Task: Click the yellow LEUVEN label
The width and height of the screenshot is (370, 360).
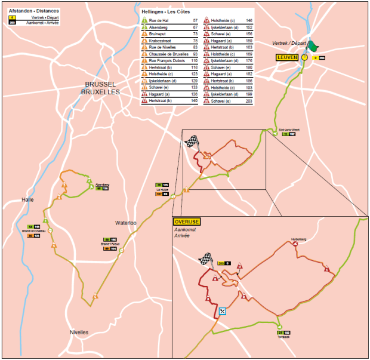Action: pyautogui.click(x=287, y=57)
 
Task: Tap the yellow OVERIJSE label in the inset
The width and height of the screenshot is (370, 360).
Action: pyautogui.click(x=187, y=221)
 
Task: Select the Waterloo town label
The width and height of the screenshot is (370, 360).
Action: pyautogui.click(x=126, y=223)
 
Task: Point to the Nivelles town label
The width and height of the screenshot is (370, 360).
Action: pyautogui.click(x=79, y=332)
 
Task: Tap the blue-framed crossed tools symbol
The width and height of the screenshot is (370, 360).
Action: pyautogui.click(x=223, y=312)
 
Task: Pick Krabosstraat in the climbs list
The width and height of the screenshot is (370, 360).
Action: pyautogui.click(x=161, y=41)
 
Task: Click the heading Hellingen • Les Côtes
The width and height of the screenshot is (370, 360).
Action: pyautogui.click(x=162, y=11)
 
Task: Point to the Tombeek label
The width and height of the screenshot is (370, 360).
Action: pyautogui.click(x=283, y=337)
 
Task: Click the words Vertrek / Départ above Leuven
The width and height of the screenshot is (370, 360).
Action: pyautogui.click(x=288, y=44)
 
